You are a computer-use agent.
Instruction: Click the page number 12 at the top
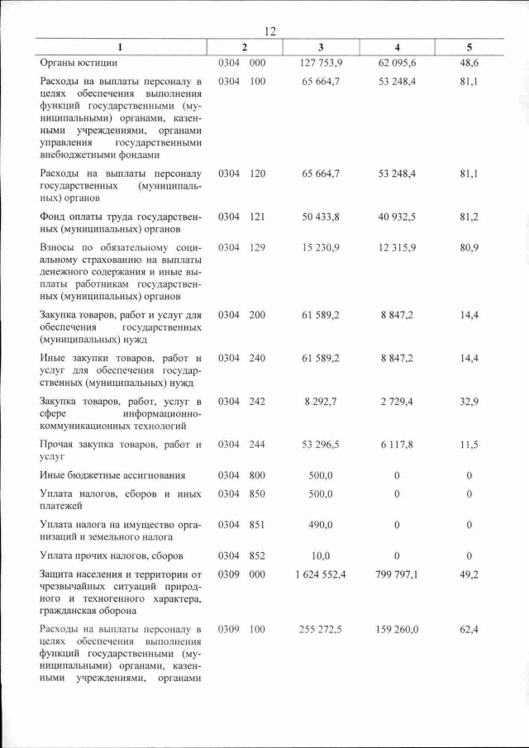269,31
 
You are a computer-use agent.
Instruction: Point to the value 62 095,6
397,63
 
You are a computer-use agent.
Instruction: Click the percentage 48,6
469,63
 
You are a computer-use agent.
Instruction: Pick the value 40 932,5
397,217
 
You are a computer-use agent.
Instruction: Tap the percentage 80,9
469,248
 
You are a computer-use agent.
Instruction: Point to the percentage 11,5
469,445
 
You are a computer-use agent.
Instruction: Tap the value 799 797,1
397,574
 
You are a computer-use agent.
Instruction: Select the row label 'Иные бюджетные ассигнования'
112,475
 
